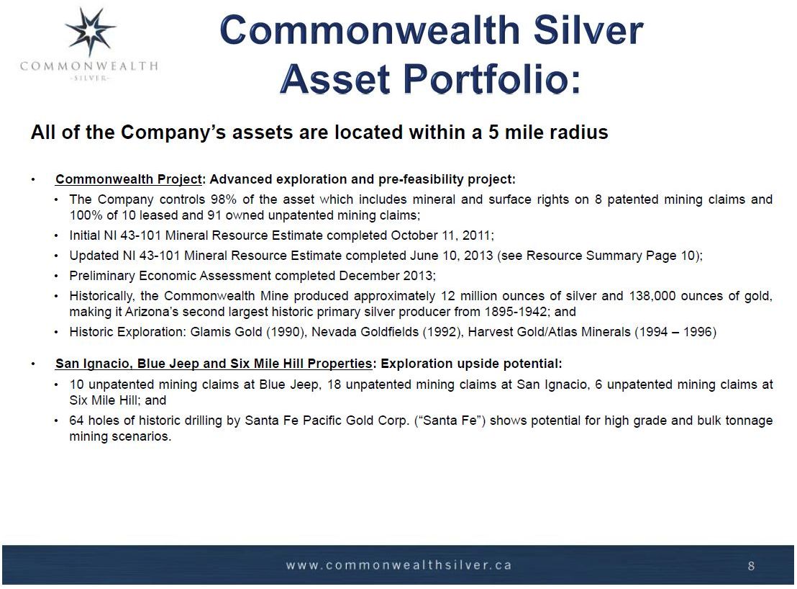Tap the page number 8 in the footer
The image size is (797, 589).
pos(751,566)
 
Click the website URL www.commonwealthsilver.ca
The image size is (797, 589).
pos(398,565)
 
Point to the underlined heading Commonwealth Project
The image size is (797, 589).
pos(129,179)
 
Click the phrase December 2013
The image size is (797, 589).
pos(386,276)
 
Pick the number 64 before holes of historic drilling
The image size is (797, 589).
pos(77,421)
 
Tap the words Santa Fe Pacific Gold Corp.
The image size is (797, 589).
pos(327,421)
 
